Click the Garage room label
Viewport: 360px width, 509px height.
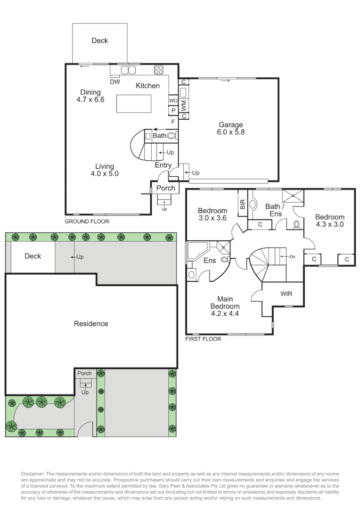pos(230,125)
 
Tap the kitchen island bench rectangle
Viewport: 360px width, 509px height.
pos(134,104)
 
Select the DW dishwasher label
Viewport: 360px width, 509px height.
pos(115,82)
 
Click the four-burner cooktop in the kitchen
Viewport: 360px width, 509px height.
pos(158,70)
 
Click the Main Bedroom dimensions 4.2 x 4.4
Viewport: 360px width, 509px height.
pos(224,313)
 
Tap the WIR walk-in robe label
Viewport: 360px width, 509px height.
pos(286,294)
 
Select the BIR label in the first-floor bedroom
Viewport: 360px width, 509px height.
pos(243,204)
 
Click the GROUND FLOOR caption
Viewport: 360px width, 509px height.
pos(87,221)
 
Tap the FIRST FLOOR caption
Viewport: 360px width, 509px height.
pos(204,338)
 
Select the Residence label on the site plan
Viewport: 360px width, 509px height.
pos(91,324)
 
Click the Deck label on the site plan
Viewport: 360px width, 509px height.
pos(33,256)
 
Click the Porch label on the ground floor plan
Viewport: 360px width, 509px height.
pos(165,188)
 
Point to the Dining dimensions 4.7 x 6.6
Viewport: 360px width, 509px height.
pos(90,99)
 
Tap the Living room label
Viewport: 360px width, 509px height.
pos(105,166)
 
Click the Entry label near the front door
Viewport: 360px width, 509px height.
pos(164,165)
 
